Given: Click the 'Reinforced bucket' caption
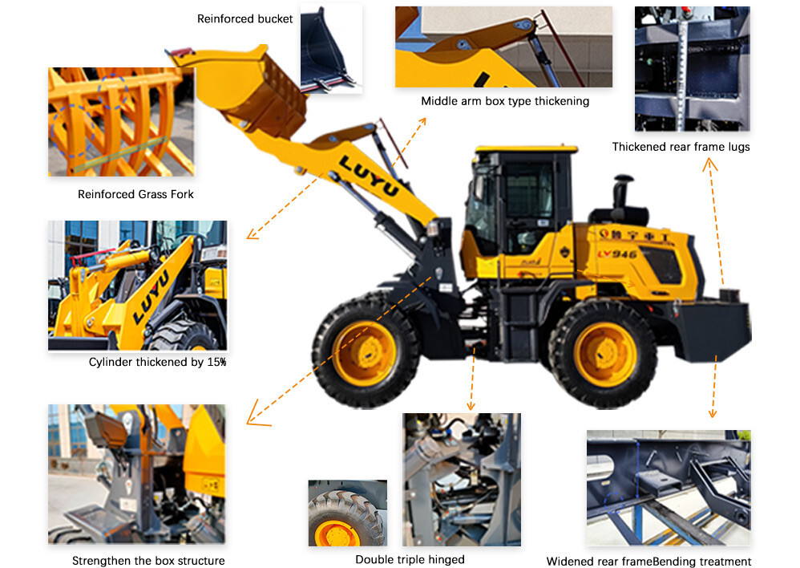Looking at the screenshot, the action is tap(245, 19).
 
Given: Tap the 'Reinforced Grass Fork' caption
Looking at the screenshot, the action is tap(135, 195).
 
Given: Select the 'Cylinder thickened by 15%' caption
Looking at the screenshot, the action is tap(158, 362).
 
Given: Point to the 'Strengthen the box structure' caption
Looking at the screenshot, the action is tap(148, 560).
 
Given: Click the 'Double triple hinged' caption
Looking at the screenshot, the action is tap(410, 560).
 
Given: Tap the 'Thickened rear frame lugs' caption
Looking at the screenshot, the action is tap(681, 147).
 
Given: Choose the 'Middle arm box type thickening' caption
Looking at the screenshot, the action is tap(505, 101).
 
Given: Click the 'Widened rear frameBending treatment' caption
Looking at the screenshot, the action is tap(648, 562).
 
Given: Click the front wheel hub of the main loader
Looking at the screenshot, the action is tap(365, 353).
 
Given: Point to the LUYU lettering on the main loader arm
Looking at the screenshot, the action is tap(369, 176).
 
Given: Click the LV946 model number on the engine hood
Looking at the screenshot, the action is tap(617, 254).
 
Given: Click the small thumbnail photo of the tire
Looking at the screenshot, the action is tap(347, 513).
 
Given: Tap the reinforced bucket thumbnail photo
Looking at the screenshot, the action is tap(331, 48).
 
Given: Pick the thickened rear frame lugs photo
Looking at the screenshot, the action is tap(693, 68).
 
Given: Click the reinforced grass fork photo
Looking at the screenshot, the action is tap(121, 122).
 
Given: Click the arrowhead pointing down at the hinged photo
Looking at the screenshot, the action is tap(471, 406).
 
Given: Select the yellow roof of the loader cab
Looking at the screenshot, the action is tap(526, 149).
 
